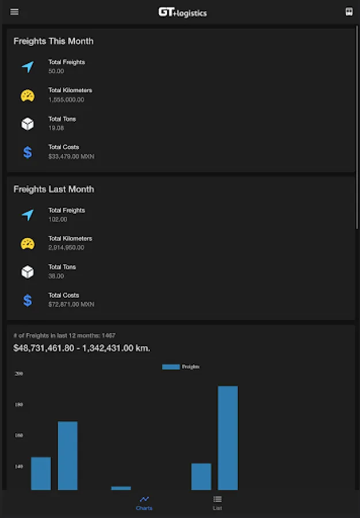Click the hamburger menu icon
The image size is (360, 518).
(x=14, y=12)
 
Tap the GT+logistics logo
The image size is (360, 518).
(x=182, y=12)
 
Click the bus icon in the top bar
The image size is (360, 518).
(x=348, y=12)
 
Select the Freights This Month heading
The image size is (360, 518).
(x=53, y=41)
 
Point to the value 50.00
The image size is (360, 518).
(x=56, y=71)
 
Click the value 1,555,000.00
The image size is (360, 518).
(x=66, y=100)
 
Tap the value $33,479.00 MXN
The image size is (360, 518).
(x=71, y=156)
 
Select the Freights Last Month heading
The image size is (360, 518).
(x=54, y=189)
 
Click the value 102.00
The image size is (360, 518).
(x=58, y=219)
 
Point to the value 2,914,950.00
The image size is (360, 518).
(x=66, y=247)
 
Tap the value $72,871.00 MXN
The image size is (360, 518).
(x=71, y=304)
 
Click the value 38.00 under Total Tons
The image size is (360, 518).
(x=56, y=276)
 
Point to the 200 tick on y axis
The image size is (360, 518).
(x=19, y=374)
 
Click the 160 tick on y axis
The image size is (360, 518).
(x=19, y=435)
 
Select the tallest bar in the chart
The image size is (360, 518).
(x=228, y=437)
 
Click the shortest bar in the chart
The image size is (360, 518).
(x=121, y=488)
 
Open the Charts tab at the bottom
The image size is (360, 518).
(x=144, y=502)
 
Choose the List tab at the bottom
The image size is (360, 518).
(x=217, y=502)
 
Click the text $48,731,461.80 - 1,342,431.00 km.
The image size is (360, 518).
(x=82, y=348)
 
